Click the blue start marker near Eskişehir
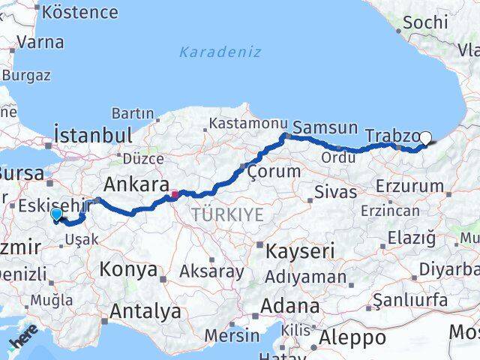click(56, 214)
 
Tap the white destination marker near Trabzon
click(426, 137)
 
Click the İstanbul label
click(94, 136)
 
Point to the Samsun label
click(325, 127)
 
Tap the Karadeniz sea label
click(220, 52)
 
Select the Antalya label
click(145, 310)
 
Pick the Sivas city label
click(335, 192)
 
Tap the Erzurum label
click(412, 184)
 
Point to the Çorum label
click(274, 172)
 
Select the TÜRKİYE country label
click(227, 215)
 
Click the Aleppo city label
click(352, 337)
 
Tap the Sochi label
click(425, 22)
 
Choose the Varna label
click(40, 41)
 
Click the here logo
click(22, 343)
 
